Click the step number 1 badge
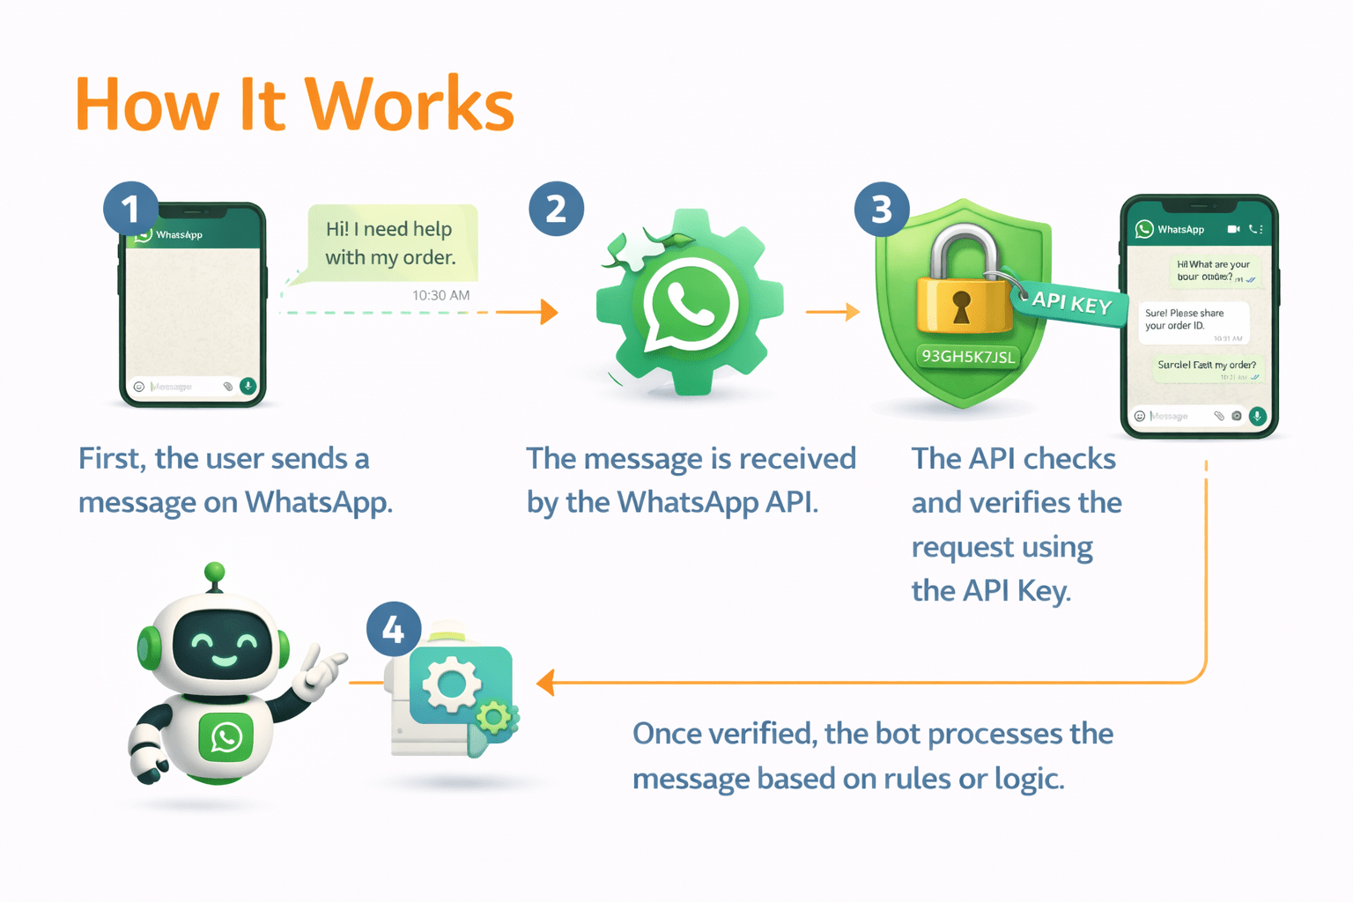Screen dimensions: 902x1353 point(130,209)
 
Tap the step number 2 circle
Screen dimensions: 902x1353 point(556,209)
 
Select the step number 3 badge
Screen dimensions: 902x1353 point(882,209)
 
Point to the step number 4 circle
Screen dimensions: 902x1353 point(394,629)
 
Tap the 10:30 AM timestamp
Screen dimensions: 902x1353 point(440,295)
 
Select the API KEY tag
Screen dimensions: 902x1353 point(1070,303)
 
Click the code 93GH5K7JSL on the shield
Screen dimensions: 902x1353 point(968,357)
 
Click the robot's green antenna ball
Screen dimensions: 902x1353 point(214,573)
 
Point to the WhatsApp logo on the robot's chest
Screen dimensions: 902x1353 point(225,736)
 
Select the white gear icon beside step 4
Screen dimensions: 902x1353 point(451,684)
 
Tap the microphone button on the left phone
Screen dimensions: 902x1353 point(248,386)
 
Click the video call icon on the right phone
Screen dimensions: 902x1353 point(1233,229)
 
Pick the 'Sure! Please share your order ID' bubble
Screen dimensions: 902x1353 point(1194,322)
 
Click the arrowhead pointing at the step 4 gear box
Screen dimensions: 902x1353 point(546,683)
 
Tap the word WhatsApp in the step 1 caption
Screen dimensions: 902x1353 point(317,502)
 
